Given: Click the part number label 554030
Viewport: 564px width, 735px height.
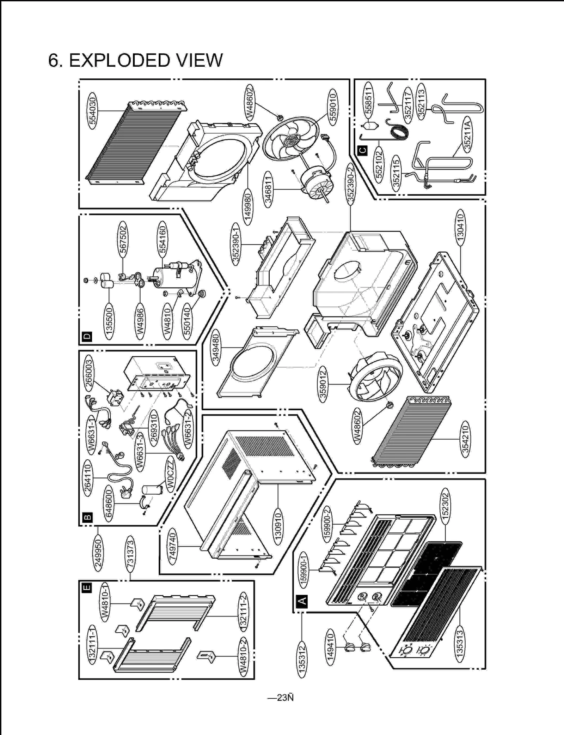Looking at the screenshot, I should pos(92,111).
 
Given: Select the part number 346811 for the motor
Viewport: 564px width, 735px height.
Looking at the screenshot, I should pos(268,190).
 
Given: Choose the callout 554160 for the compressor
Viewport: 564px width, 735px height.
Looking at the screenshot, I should pos(162,239).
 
